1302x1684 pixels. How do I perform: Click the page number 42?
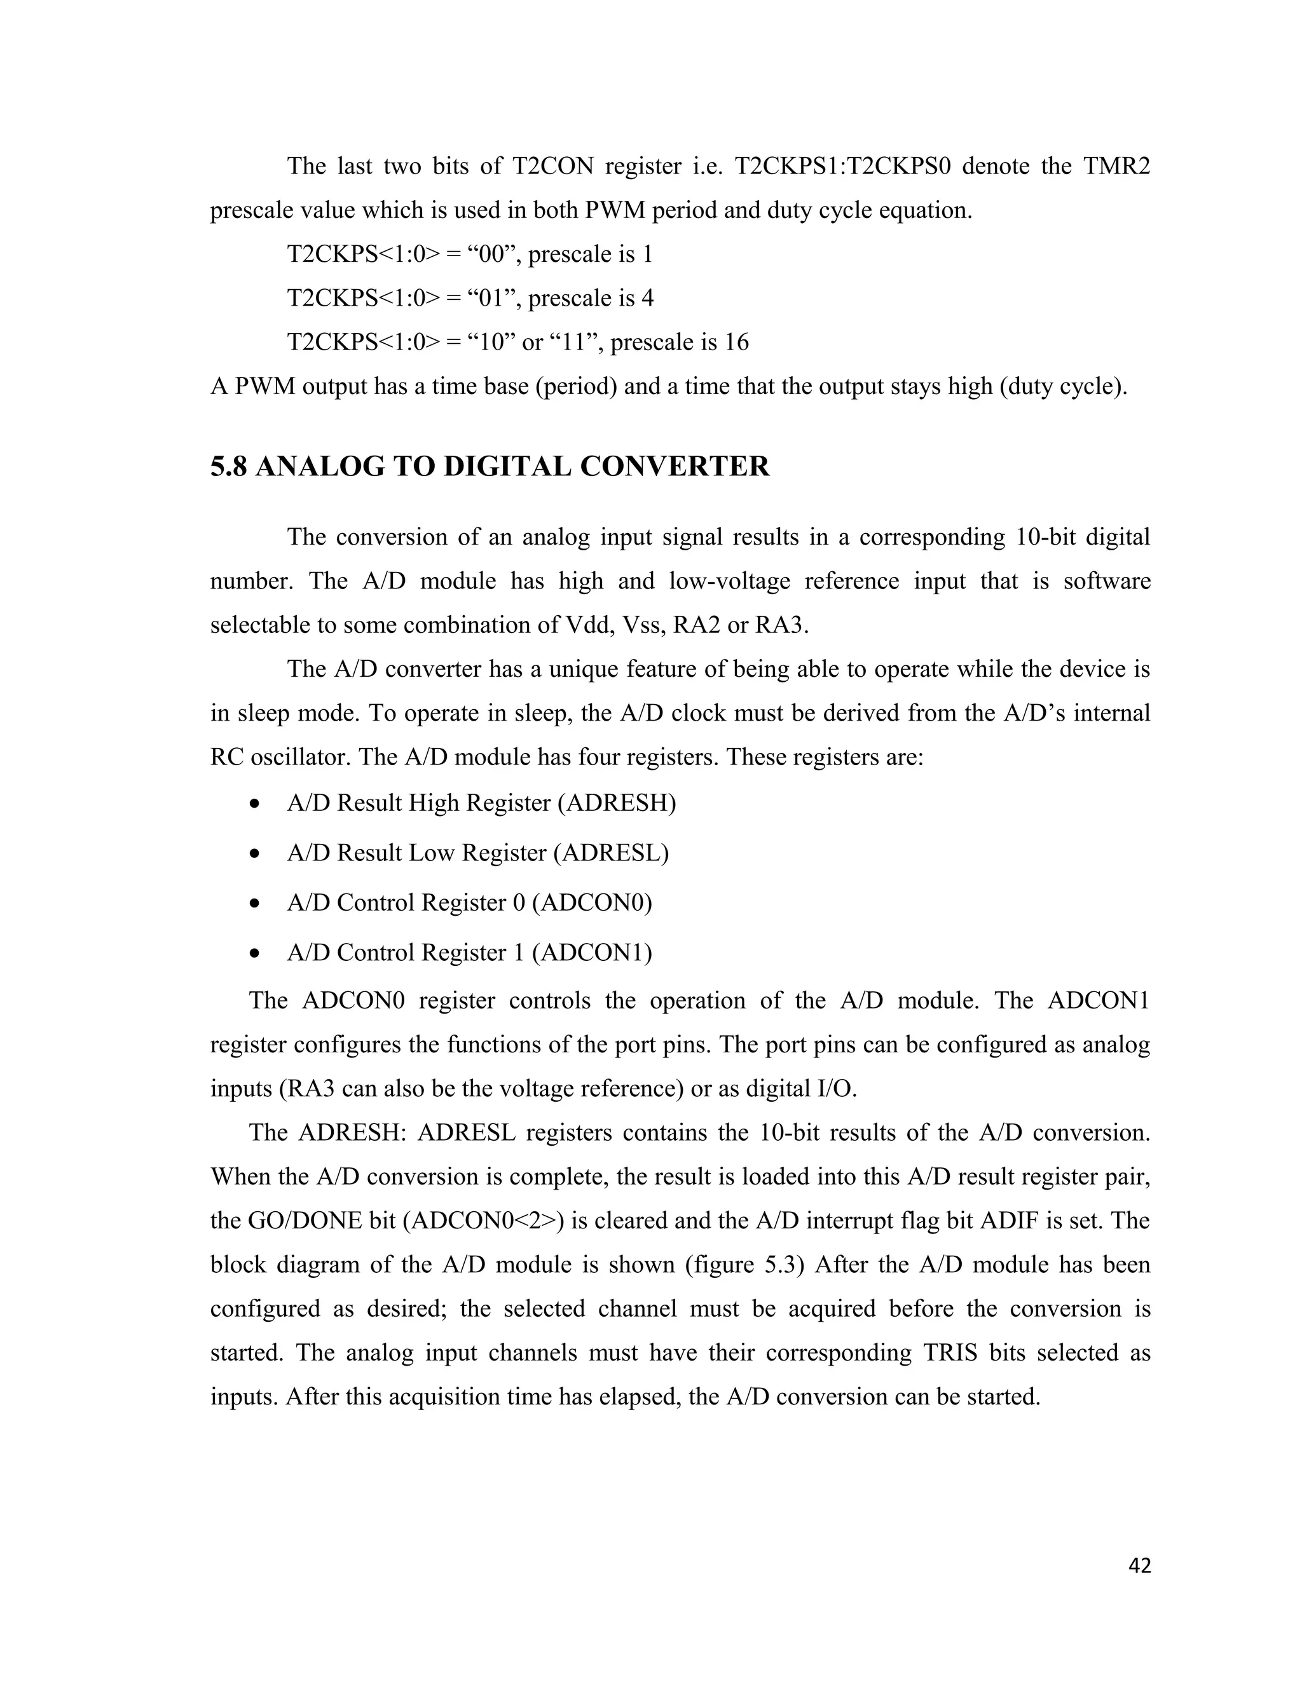tap(1139, 1565)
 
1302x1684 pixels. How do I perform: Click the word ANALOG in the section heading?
tap(319, 466)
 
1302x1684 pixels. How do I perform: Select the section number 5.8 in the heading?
tap(228, 466)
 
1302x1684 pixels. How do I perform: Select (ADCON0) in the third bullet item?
tap(592, 902)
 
